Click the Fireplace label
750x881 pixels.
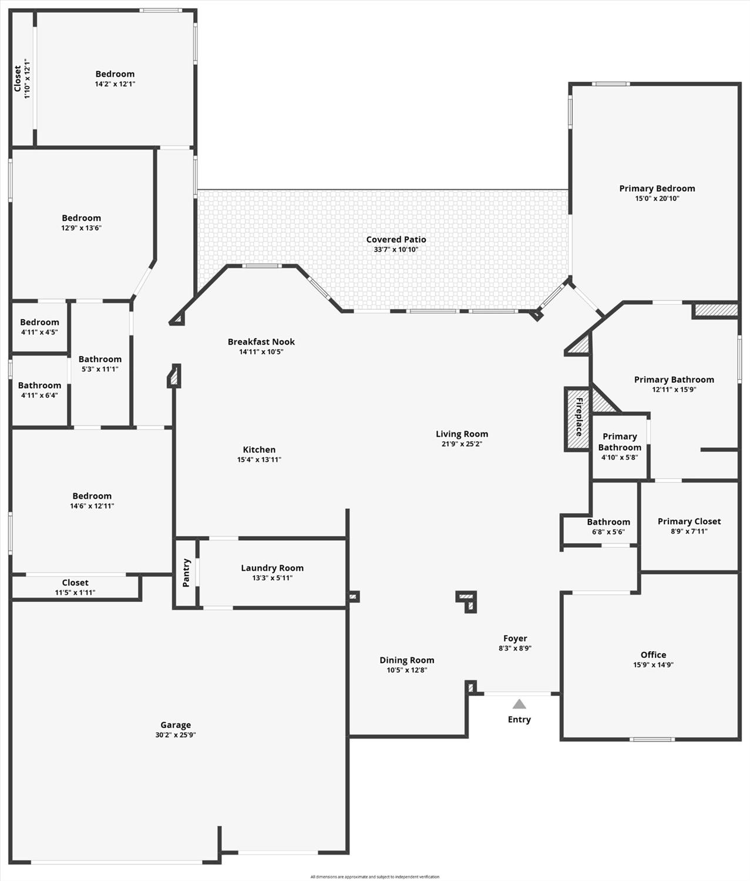coord(579,417)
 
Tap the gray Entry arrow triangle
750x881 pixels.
coord(519,704)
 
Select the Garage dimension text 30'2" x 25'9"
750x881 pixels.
coord(176,735)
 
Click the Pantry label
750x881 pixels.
coord(186,572)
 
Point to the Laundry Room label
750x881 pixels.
coord(272,568)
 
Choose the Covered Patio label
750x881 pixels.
coord(396,239)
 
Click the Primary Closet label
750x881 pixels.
coord(689,521)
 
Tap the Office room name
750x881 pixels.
coord(653,655)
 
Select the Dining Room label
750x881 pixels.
coord(406,660)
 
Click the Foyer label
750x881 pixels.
coord(515,638)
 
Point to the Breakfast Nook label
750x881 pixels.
coord(261,341)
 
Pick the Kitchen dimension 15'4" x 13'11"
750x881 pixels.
coord(259,460)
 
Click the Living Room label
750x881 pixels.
coord(462,434)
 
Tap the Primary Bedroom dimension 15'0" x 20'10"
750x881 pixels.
coord(657,198)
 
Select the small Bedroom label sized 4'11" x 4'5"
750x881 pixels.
coord(39,322)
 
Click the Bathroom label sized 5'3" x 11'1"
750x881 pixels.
coord(100,359)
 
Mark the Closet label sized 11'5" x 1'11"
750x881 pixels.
coord(75,582)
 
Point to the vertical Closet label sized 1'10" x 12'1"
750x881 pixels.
coord(18,78)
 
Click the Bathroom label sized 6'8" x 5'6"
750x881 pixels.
coord(608,522)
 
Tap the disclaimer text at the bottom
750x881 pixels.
coord(375,876)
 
